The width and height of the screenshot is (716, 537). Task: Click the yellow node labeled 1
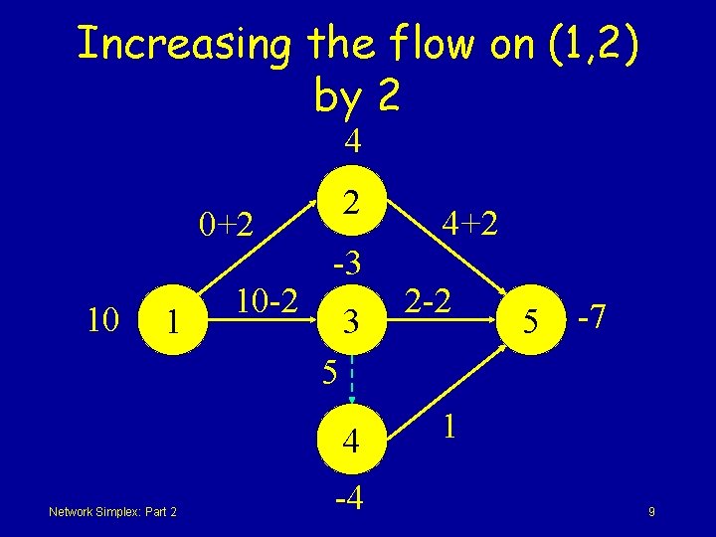[173, 320]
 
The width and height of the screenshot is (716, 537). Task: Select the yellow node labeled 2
[349, 202]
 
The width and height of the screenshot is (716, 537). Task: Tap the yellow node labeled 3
[349, 320]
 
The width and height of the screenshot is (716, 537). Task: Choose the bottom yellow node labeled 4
[349, 439]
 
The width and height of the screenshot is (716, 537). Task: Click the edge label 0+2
[228, 225]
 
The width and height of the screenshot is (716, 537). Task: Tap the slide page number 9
[649, 512]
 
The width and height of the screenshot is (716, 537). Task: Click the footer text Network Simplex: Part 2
[112, 511]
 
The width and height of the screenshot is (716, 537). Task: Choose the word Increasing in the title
[184, 44]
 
